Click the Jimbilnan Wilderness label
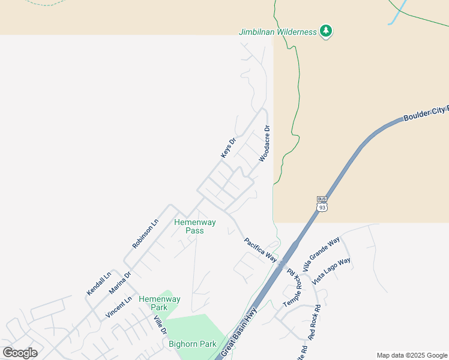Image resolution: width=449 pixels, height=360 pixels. pyautogui.click(x=277, y=32)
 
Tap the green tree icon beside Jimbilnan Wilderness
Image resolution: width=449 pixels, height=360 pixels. pyautogui.click(x=326, y=31)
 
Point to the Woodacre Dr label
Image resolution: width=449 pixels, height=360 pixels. pyautogui.click(x=265, y=144)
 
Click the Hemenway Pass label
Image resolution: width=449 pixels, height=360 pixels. pyautogui.click(x=194, y=226)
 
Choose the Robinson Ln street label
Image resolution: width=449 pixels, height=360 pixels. pyautogui.click(x=145, y=233)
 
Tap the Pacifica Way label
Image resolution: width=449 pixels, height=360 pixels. pyautogui.click(x=260, y=250)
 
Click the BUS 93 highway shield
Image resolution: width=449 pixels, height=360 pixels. pyautogui.click(x=322, y=204)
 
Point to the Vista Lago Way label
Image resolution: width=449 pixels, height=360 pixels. pyautogui.click(x=332, y=271)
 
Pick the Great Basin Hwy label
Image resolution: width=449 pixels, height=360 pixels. pyautogui.click(x=239, y=332)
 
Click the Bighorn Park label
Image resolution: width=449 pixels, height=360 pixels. pyautogui.click(x=192, y=344)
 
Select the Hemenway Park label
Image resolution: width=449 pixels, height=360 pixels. pyautogui.click(x=159, y=302)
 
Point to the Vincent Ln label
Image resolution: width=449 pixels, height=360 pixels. pyautogui.click(x=118, y=306)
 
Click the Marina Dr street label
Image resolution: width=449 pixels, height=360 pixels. pyautogui.click(x=119, y=283)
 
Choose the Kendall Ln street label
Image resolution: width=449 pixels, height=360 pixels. pyautogui.click(x=99, y=284)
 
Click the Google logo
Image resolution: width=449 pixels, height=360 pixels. pyautogui.click(x=20, y=353)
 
